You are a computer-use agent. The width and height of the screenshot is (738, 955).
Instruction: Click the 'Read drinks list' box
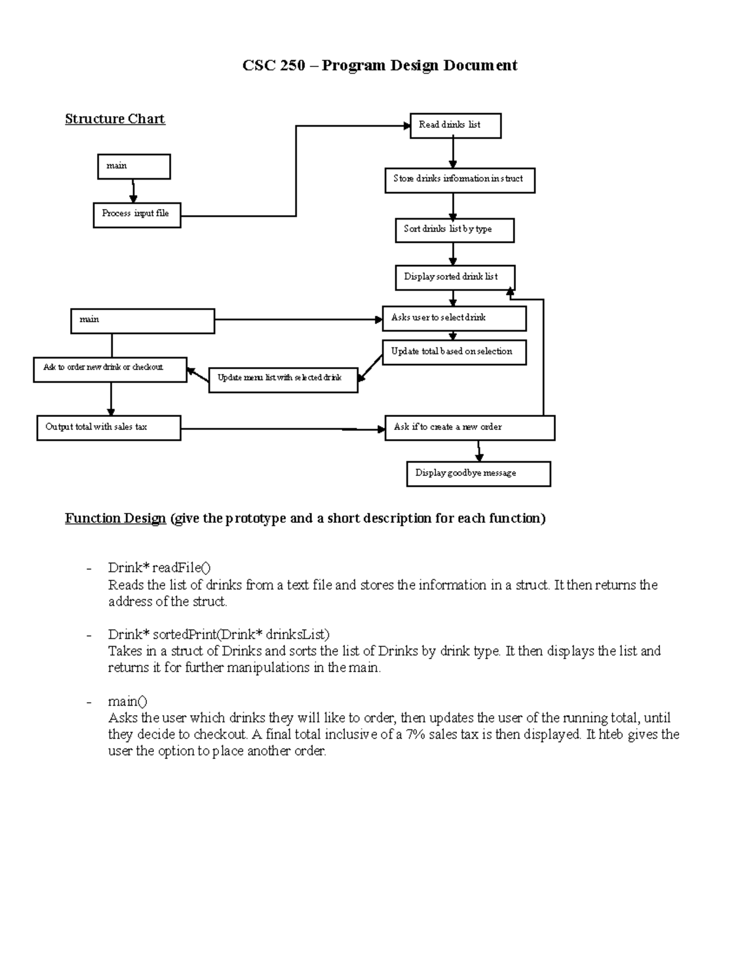click(456, 125)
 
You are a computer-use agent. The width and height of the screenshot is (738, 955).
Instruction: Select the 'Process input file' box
click(137, 215)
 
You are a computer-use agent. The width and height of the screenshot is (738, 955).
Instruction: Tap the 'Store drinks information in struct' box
click(459, 180)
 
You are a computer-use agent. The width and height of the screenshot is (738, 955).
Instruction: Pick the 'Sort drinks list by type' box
click(454, 230)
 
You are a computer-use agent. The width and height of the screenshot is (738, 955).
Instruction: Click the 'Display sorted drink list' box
click(454, 277)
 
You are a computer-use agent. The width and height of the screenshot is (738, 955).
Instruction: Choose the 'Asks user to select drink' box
click(454, 319)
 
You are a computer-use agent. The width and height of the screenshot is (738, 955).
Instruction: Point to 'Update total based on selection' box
click(454, 352)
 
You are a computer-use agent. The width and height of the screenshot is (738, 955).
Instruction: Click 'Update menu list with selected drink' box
click(283, 379)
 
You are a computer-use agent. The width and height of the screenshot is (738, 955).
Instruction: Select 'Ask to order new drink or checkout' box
click(109, 369)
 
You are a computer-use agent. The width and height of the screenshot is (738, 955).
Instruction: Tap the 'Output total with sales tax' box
click(108, 428)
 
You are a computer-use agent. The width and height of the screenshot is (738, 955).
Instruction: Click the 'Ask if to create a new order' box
click(469, 428)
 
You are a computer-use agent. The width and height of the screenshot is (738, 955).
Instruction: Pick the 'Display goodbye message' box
click(478, 474)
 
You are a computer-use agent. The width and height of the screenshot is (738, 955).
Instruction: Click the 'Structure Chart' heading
click(115, 119)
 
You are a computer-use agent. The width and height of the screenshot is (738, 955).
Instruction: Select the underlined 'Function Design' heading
click(116, 518)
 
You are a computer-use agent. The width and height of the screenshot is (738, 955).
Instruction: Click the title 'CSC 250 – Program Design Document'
click(379, 65)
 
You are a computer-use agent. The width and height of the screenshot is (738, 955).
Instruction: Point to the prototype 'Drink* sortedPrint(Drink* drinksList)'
click(219, 634)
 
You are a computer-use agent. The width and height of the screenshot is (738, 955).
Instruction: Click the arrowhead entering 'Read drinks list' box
click(407, 126)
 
